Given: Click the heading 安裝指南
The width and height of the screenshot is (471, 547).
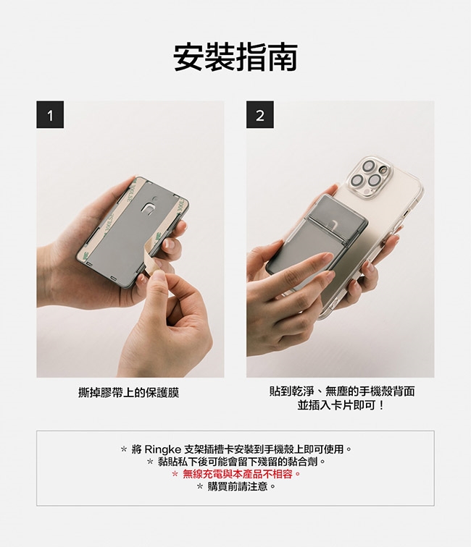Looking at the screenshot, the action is [236, 57].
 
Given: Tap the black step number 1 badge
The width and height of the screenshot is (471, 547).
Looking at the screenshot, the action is [50, 114].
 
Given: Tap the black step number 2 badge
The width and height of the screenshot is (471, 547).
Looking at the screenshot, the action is [260, 114].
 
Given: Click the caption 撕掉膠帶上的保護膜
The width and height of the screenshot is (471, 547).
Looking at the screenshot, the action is [128, 393].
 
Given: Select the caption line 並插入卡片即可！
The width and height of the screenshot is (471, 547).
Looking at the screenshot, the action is [341, 405].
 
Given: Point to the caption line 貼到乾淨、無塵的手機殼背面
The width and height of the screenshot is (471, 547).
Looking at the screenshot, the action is [342, 391].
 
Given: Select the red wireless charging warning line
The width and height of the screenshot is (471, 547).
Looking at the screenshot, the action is [236, 474].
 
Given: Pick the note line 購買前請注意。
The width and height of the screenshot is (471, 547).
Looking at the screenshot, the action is [236, 486].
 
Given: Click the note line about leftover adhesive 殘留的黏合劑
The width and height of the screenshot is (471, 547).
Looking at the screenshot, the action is [236, 462].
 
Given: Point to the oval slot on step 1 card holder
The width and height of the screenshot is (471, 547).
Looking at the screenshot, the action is [149, 208].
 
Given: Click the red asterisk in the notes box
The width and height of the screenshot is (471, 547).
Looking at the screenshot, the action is [175, 475].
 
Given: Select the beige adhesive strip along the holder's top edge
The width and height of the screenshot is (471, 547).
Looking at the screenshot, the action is [159, 188].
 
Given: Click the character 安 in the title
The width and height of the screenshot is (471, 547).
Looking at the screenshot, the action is [188, 57].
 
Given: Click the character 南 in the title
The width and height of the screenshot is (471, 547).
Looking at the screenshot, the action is [283, 57].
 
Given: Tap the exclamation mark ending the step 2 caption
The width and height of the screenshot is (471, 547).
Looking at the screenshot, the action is [381, 405].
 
